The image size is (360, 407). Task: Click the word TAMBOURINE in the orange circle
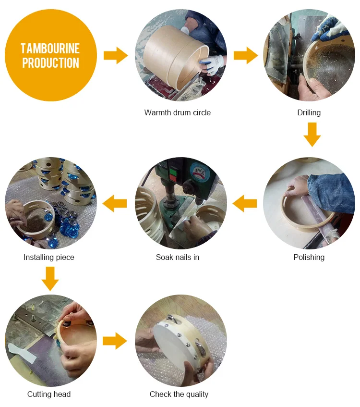50,49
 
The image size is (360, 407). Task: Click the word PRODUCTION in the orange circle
50,63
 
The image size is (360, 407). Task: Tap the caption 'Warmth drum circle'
178,112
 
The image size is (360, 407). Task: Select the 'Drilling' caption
309,112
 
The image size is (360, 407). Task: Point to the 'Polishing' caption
309,257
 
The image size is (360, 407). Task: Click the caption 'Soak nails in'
178,257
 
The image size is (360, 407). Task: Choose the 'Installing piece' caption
49,257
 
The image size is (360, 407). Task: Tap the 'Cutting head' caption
49,394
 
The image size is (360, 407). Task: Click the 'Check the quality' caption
179,394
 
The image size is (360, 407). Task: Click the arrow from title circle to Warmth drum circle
116,55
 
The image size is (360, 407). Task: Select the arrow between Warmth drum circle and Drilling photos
246,55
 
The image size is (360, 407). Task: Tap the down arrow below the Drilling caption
312,135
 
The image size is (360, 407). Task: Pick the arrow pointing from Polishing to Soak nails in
245,204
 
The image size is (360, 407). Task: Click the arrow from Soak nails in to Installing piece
115,204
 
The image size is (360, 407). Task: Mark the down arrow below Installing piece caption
50,279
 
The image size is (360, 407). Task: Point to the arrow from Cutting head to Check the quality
115,341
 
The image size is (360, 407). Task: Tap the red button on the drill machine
172,178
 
